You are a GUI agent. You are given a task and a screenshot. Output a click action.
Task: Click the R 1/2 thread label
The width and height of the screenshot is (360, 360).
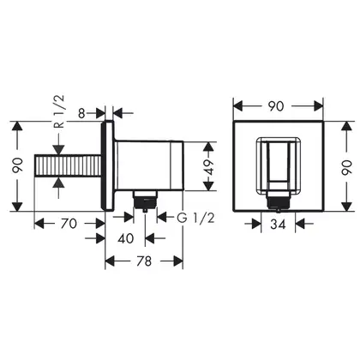pyautogui.click(x=59, y=111)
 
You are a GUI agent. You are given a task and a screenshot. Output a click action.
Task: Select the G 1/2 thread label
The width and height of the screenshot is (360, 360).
pyautogui.click(x=195, y=218)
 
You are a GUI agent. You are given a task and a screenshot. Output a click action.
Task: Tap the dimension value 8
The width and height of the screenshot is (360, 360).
pyautogui.click(x=81, y=113)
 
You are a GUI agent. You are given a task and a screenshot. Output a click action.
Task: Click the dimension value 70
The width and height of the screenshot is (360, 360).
pyautogui.click(x=69, y=224)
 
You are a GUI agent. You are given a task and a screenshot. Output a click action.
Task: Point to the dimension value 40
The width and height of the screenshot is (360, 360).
pyautogui.click(x=126, y=238)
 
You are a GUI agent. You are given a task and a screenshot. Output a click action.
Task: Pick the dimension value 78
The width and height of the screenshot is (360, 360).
pyautogui.click(x=143, y=261)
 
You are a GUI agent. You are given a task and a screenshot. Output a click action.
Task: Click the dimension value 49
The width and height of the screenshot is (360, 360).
pyautogui.click(x=209, y=167)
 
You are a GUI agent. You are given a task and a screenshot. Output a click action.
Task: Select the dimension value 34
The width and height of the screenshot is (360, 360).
pyautogui.click(x=278, y=225)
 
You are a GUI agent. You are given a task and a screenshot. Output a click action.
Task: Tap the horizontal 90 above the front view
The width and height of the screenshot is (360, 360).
pyautogui.click(x=276, y=106)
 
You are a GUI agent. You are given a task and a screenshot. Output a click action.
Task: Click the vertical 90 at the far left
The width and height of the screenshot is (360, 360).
pyautogui.click(x=18, y=166)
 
